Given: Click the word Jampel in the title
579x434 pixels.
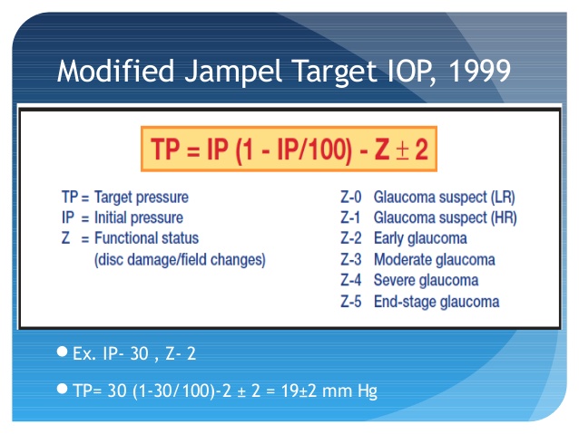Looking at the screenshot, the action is (x=233, y=72).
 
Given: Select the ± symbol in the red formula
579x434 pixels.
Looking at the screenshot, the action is (x=402, y=150).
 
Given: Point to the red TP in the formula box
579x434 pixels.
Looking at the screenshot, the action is (x=165, y=149).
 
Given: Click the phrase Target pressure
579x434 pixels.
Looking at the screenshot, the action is (x=142, y=198).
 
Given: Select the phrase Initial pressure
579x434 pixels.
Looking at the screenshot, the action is (x=139, y=217).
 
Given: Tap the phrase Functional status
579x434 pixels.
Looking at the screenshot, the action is (x=147, y=237).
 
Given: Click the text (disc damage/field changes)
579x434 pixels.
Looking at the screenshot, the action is (x=180, y=260).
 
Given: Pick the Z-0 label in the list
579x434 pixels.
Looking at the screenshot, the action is (x=351, y=198).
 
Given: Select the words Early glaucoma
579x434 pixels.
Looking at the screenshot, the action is (x=420, y=238).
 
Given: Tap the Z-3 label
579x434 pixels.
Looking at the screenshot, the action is (x=351, y=260).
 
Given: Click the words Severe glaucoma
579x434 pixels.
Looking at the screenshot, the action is (x=427, y=280).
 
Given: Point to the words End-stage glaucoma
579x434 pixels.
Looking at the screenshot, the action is (x=437, y=302).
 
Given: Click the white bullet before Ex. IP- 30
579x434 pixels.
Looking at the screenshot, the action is (x=62, y=352).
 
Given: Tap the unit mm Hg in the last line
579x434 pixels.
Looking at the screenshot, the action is (x=349, y=391).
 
